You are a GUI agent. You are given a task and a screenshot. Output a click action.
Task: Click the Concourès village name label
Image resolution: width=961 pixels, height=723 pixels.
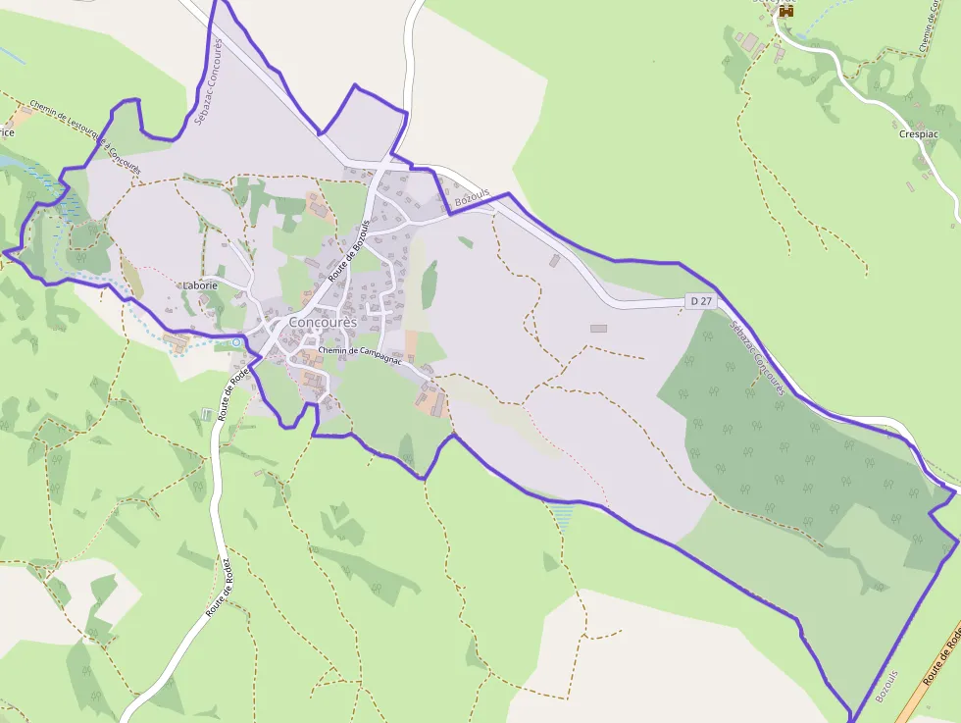[x=323, y=323]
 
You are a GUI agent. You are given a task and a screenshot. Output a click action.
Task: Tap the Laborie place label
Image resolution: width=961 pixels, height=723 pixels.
[x=199, y=285]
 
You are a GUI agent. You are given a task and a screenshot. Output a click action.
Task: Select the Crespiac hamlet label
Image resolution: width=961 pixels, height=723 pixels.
[x=918, y=134]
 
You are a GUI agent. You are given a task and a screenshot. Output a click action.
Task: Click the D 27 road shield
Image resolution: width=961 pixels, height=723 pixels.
[x=699, y=302]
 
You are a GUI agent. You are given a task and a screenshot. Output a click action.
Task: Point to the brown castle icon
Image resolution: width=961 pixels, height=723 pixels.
[x=784, y=10]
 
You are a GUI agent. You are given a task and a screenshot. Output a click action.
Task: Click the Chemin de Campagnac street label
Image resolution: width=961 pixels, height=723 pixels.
[x=360, y=350]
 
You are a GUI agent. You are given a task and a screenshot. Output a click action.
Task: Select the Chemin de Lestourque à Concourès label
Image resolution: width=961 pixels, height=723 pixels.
[x=85, y=136]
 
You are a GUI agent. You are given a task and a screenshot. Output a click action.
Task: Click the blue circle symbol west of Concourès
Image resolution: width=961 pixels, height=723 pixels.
[x=236, y=341]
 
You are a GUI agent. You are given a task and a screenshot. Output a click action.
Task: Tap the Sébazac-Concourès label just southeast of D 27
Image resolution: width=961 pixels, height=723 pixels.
[x=758, y=359]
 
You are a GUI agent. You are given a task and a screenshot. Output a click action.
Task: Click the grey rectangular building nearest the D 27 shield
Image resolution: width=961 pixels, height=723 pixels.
[x=598, y=329]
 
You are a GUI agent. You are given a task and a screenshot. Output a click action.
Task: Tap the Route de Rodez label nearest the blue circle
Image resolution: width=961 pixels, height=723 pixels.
[x=235, y=394]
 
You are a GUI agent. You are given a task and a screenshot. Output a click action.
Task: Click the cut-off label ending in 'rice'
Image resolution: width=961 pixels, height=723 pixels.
[x=7, y=131]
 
